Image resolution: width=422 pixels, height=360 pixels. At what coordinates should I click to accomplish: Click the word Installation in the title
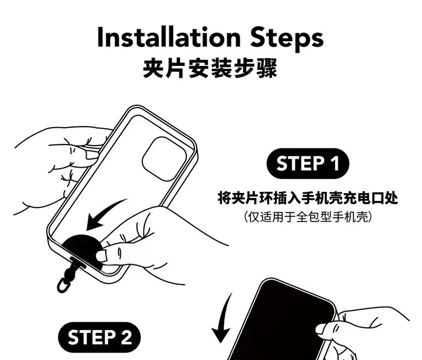(x=169, y=37)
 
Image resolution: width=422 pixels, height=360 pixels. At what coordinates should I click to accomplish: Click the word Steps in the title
(x=286, y=39)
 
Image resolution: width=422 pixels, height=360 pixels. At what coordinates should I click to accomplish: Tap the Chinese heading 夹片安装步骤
(x=210, y=68)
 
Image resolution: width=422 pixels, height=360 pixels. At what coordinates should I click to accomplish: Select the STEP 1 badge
(x=308, y=163)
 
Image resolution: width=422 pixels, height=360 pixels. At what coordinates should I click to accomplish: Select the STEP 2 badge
(x=99, y=337)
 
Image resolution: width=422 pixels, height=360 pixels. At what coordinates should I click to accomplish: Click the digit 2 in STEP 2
(x=126, y=337)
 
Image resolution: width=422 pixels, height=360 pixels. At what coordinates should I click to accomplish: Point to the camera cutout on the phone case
(x=164, y=159)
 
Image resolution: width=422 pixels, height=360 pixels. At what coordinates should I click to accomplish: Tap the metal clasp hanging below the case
(x=64, y=285)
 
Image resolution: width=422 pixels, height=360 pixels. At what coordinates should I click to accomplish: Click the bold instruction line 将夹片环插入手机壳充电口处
(x=308, y=198)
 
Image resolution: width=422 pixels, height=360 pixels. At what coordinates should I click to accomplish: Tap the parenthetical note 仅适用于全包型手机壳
(x=308, y=217)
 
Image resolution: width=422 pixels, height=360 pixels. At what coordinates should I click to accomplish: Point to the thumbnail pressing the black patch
(x=101, y=255)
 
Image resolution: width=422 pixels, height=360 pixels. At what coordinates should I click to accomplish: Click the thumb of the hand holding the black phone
(x=327, y=330)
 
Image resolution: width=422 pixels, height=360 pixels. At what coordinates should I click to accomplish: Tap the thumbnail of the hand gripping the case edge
(x=92, y=155)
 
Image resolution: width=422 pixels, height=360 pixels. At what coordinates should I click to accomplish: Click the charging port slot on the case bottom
(x=78, y=262)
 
